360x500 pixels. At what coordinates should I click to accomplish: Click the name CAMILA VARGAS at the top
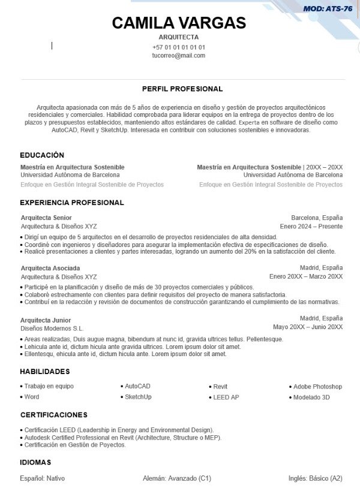point(179,23)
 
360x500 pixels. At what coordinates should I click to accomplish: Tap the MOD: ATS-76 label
point(328,8)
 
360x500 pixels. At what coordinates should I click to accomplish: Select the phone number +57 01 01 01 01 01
point(179,47)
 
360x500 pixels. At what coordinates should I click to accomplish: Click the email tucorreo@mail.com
point(179,56)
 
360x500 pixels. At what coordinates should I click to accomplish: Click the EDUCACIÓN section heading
point(42,155)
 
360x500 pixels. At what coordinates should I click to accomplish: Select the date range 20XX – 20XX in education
point(325,167)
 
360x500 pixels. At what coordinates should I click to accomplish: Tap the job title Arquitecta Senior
point(46,218)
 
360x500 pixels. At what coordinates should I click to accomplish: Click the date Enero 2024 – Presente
point(311,227)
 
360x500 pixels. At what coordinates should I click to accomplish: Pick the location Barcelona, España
point(317,218)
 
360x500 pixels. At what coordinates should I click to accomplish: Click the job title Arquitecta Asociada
point(50,268)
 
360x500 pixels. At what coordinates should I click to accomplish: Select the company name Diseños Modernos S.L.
point(52,329)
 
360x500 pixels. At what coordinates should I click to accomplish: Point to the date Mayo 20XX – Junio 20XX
point(307,327)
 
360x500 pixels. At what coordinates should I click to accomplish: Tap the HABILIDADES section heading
point(45,372)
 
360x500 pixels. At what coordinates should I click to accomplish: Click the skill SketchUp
point(138,397)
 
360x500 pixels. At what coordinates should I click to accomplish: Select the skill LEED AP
point(226,397)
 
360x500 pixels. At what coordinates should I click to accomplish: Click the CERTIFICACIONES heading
point(54,415)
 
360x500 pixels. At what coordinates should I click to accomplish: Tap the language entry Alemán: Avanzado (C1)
point(177,478)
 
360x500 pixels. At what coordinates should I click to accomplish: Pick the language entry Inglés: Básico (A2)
point(315,478)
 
